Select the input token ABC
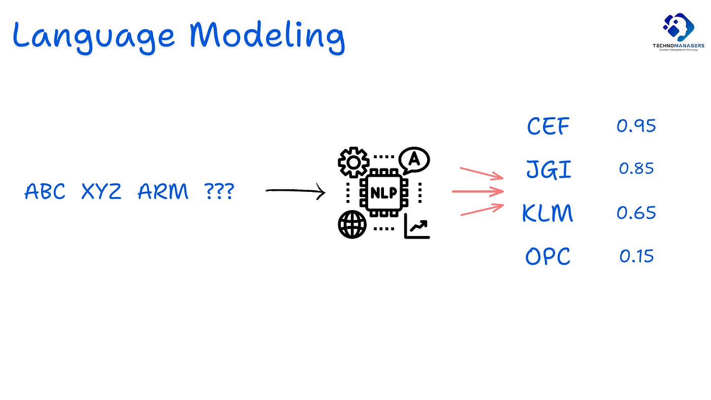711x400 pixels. tap(45, 192)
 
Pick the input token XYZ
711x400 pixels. tap(102, 192)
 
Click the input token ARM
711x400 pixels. tap(163, 192)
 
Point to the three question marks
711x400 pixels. tap(219, 192)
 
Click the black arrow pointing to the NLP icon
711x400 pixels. tap(295, 191)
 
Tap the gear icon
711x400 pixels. tap(353, 162)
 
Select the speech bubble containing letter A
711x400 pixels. tap(414, 160)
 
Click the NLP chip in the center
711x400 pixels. tap(384, 193)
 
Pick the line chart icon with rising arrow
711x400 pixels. tap(417, 226)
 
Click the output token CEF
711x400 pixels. tap(548, 126)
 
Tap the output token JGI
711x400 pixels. tap(548, 169)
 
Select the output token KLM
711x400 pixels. tap(547, 213)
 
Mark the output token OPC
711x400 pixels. tap(547, 257)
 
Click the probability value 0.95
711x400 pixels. tap(636, 126)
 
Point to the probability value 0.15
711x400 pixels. tap(636, 256)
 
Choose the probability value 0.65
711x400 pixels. tap(636, 213)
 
